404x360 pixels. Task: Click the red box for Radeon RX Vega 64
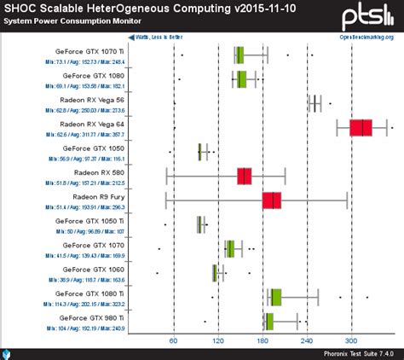(x=361, y=128)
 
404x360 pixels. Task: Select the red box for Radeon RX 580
(x=245, y=177)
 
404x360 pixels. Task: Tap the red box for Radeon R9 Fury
(x=272, y=200)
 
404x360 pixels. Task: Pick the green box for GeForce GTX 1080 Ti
(x=275, y=297)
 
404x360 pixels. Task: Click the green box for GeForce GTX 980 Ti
(x=269, y=321)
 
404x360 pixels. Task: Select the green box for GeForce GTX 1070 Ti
(x=240, y=55)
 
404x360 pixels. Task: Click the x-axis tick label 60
(x=173, y=340)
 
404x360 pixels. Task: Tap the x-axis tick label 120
(x=218, y=340)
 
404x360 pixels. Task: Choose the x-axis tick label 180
(x=263, y=340)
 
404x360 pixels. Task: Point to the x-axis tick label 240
(x=308, y=340)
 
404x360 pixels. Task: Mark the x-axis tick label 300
(x=352, y=340)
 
